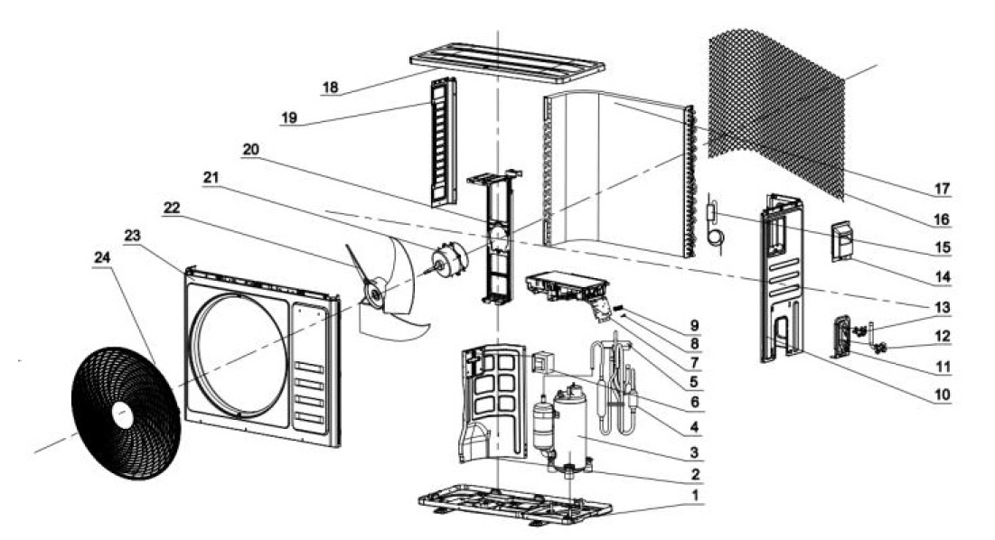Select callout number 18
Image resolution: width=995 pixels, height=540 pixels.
pos(330,88)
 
